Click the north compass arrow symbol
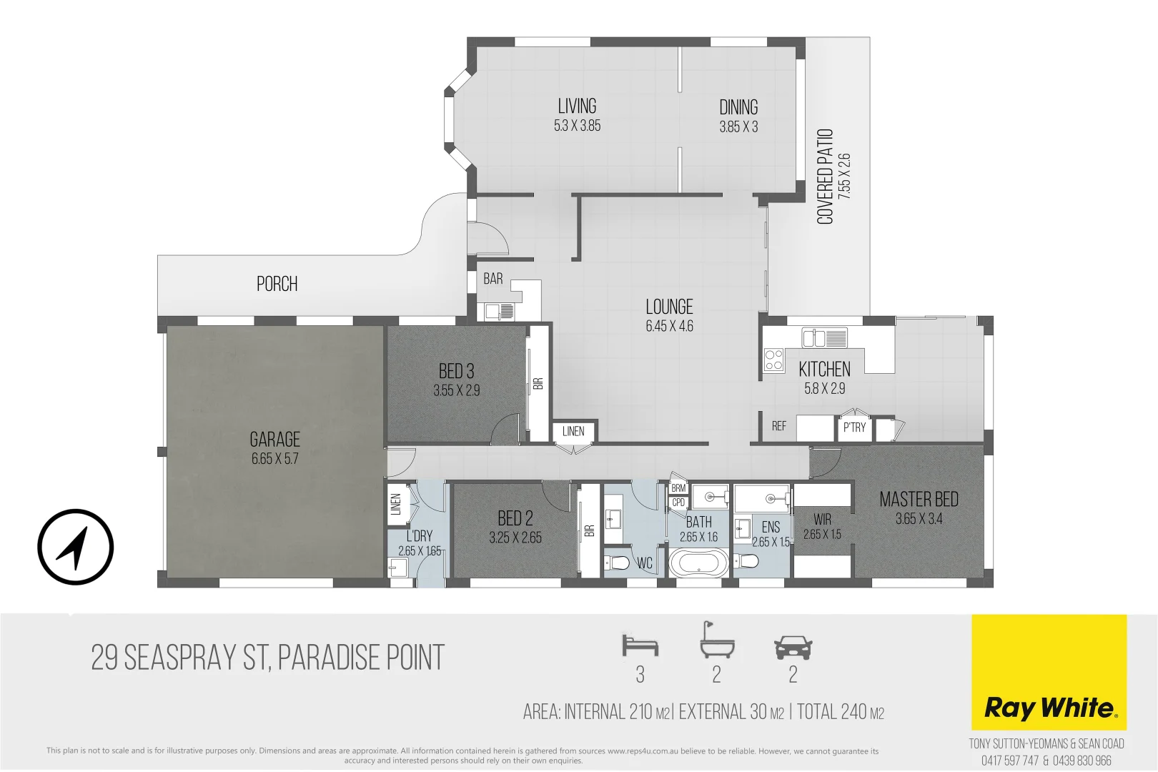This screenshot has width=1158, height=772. (x=75, y=548)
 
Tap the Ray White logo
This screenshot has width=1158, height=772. (x=1049, y=708)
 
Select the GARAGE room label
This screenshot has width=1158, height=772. (x=274, y=439)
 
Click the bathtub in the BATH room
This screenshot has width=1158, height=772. (x=698, y=562)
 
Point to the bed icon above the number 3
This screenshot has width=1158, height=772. (x=640, y=645)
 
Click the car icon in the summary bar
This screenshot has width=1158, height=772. (x=793, y=648)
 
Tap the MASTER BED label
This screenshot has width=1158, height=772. (x=919, y=499)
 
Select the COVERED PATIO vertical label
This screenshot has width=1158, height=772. (x=825, y=177)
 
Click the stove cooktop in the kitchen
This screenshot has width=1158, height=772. (x=773, y=359)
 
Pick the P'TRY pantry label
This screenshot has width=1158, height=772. (x=854, y=427)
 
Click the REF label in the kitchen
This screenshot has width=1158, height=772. (x=778, y=426)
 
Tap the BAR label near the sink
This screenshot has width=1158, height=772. (x=493, y=279)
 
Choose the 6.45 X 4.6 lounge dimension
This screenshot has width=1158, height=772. (x=669, y=327)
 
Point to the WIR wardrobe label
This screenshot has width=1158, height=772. (x=822, y=520)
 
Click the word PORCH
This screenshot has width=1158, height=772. (x=277, y=284)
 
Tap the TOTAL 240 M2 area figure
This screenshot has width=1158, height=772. (x=841, y=712)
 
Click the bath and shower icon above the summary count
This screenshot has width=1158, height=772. (x=716, y=639)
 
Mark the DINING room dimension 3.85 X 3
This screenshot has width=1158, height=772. (x=738, y=127)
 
